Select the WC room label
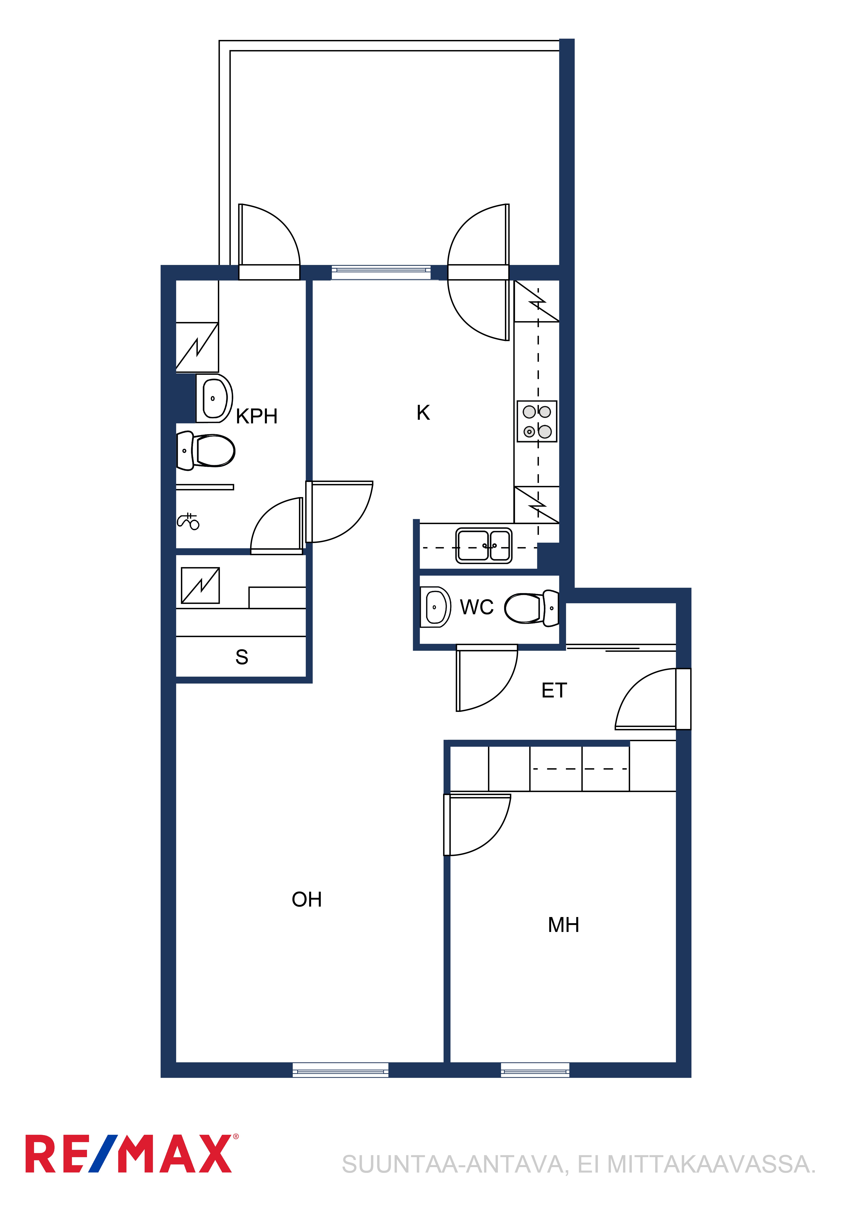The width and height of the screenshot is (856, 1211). pyautogui.click(x=477, y=607)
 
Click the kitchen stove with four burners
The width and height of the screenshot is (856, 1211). pyautogui.click(x=537, y=421)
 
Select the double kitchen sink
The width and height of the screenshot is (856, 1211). pyautogui.click(x=484, y=545)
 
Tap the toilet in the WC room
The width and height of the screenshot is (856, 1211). pyautogui.click(x=532, y=608)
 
